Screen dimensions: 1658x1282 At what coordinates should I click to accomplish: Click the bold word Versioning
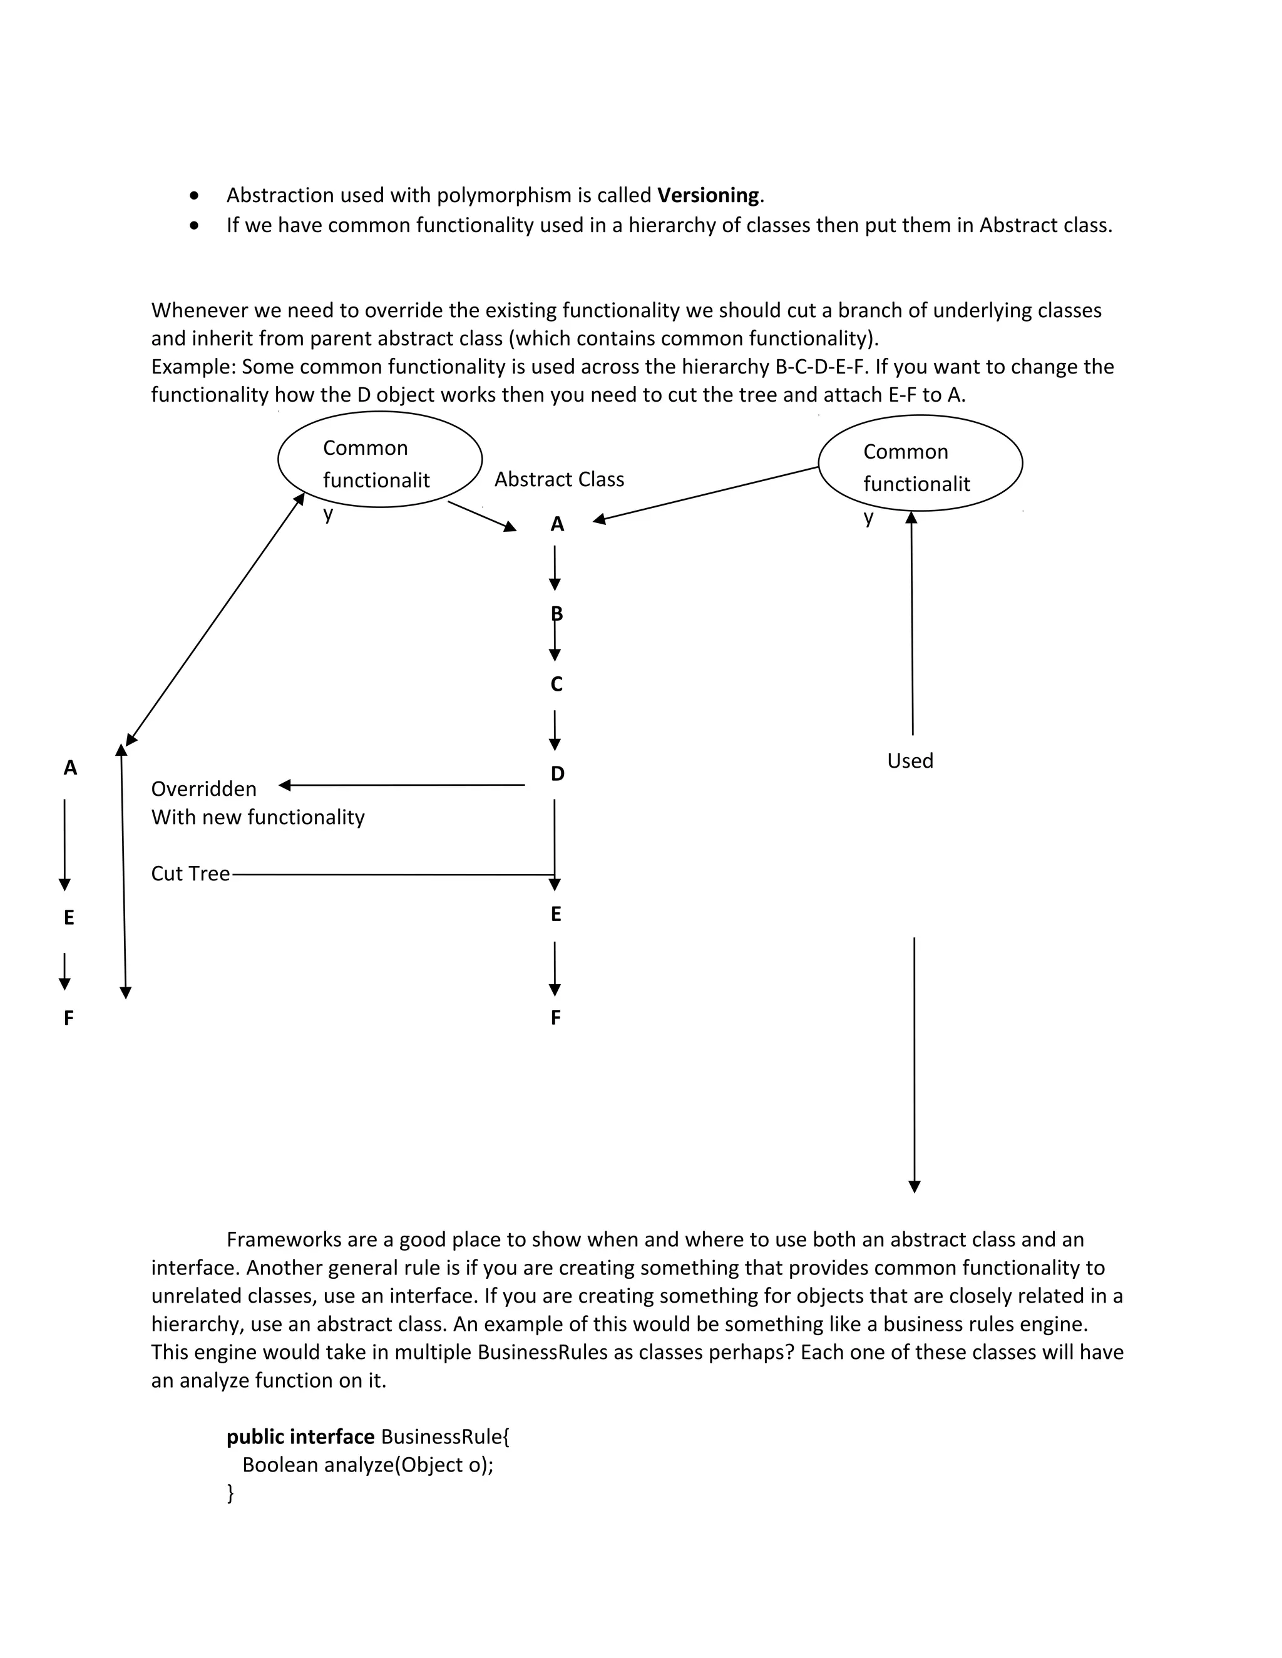pyautogui.click(x=708, y=196)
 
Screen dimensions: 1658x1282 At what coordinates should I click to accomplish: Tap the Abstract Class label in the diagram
pyautogui.click(x=559, y=479)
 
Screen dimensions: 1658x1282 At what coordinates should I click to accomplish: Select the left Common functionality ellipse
pyautogui.click(x=380, y=459)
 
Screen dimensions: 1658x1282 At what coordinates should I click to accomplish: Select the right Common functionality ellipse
pyautogui.click(x=920, y=463)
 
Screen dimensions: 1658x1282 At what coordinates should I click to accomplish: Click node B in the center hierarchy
pyautogui.click(x=556, y=613)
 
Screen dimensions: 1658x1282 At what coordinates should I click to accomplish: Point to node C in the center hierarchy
pyautogui.click(x=556, y=684)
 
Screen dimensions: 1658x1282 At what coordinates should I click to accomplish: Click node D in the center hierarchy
pyautogui.click(x=558, y=773)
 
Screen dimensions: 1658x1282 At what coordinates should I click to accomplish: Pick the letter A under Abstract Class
pyautogui.click(x=558, y=524)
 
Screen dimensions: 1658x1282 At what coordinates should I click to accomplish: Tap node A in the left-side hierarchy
pyautogui.click(x=70, y=768)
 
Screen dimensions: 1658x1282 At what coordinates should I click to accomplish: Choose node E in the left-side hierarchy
pyautogui.click(x=69, y=918)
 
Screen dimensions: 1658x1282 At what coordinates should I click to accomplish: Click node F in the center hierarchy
pyautogui.click(x=556, y=1018)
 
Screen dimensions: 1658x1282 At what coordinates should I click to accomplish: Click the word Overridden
pyautogui.click(x=203, y=789)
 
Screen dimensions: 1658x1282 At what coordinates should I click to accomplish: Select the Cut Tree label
pyautogui.click(x=190, y=874)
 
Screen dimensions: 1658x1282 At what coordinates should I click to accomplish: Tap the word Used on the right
pyautogui.click(x=910, y=761)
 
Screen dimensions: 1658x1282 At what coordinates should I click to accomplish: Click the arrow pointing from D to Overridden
pyautogui.click(x=403, y=785)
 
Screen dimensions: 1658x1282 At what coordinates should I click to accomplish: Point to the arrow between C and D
pyautogui.click(x=555, y=730)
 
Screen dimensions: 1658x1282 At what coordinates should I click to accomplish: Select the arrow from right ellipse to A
pyautogui.click(x=706, y=494)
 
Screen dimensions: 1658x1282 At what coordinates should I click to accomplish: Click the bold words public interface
pyautogui.click(x=300, y=1437)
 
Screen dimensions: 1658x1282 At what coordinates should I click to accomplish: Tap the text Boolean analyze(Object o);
pyautogui.click(x=367, y=1465)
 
